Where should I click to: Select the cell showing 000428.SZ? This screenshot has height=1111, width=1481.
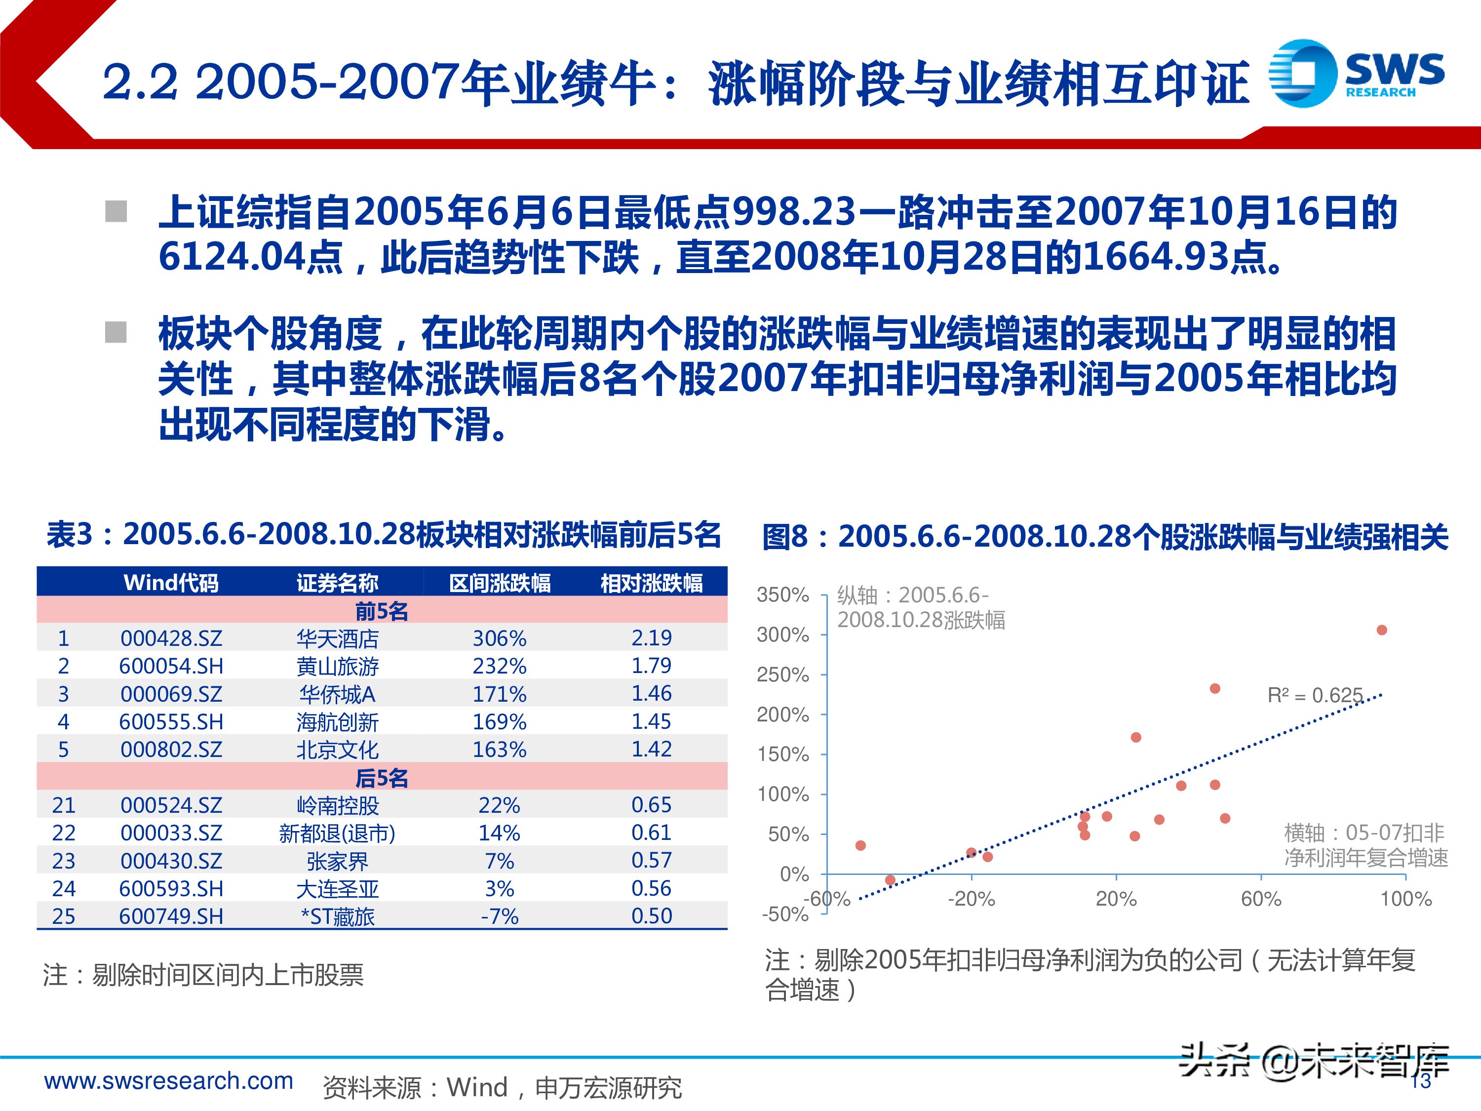[x=171, y=638]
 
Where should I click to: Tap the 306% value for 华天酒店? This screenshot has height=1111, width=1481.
[x=500, y=638]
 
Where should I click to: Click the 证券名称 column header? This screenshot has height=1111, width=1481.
[x=338, y=583]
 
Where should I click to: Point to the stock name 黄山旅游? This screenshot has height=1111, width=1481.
[x=338, y=666]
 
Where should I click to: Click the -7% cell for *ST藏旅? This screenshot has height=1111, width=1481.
[x=500, y=916]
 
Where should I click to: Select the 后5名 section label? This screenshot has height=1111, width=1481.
[x=381, y=778]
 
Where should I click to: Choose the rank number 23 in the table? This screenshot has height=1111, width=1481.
[x=64, y=861]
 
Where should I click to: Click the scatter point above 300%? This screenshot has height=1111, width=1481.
[x=1381, y=630]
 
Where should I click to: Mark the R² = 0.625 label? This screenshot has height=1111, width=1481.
[x=1314, y=696]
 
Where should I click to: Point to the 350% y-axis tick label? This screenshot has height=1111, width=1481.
[x=782, y=595]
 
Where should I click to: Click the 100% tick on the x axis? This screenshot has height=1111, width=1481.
[x=1405, y=899]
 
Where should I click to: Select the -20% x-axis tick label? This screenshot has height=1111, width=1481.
[x=971, y=899]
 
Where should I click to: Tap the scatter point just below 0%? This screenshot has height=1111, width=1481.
[x=890, y=880]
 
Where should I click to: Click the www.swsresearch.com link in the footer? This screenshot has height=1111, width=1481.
[x=169, y=1081]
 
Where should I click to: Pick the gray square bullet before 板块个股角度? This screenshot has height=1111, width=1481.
[x=117, y=332]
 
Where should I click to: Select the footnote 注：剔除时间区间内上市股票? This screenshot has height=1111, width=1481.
[x=203, y=975]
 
